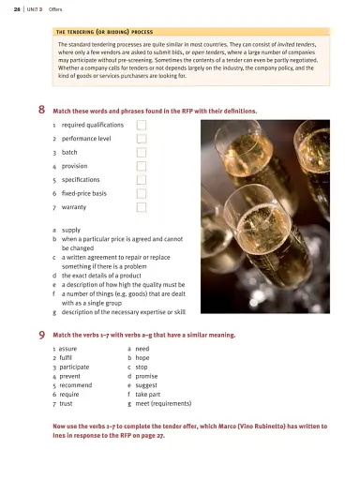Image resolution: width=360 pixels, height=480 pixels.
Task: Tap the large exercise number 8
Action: click(43, 109)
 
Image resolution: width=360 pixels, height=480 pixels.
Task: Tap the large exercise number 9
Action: click(43, 334)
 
